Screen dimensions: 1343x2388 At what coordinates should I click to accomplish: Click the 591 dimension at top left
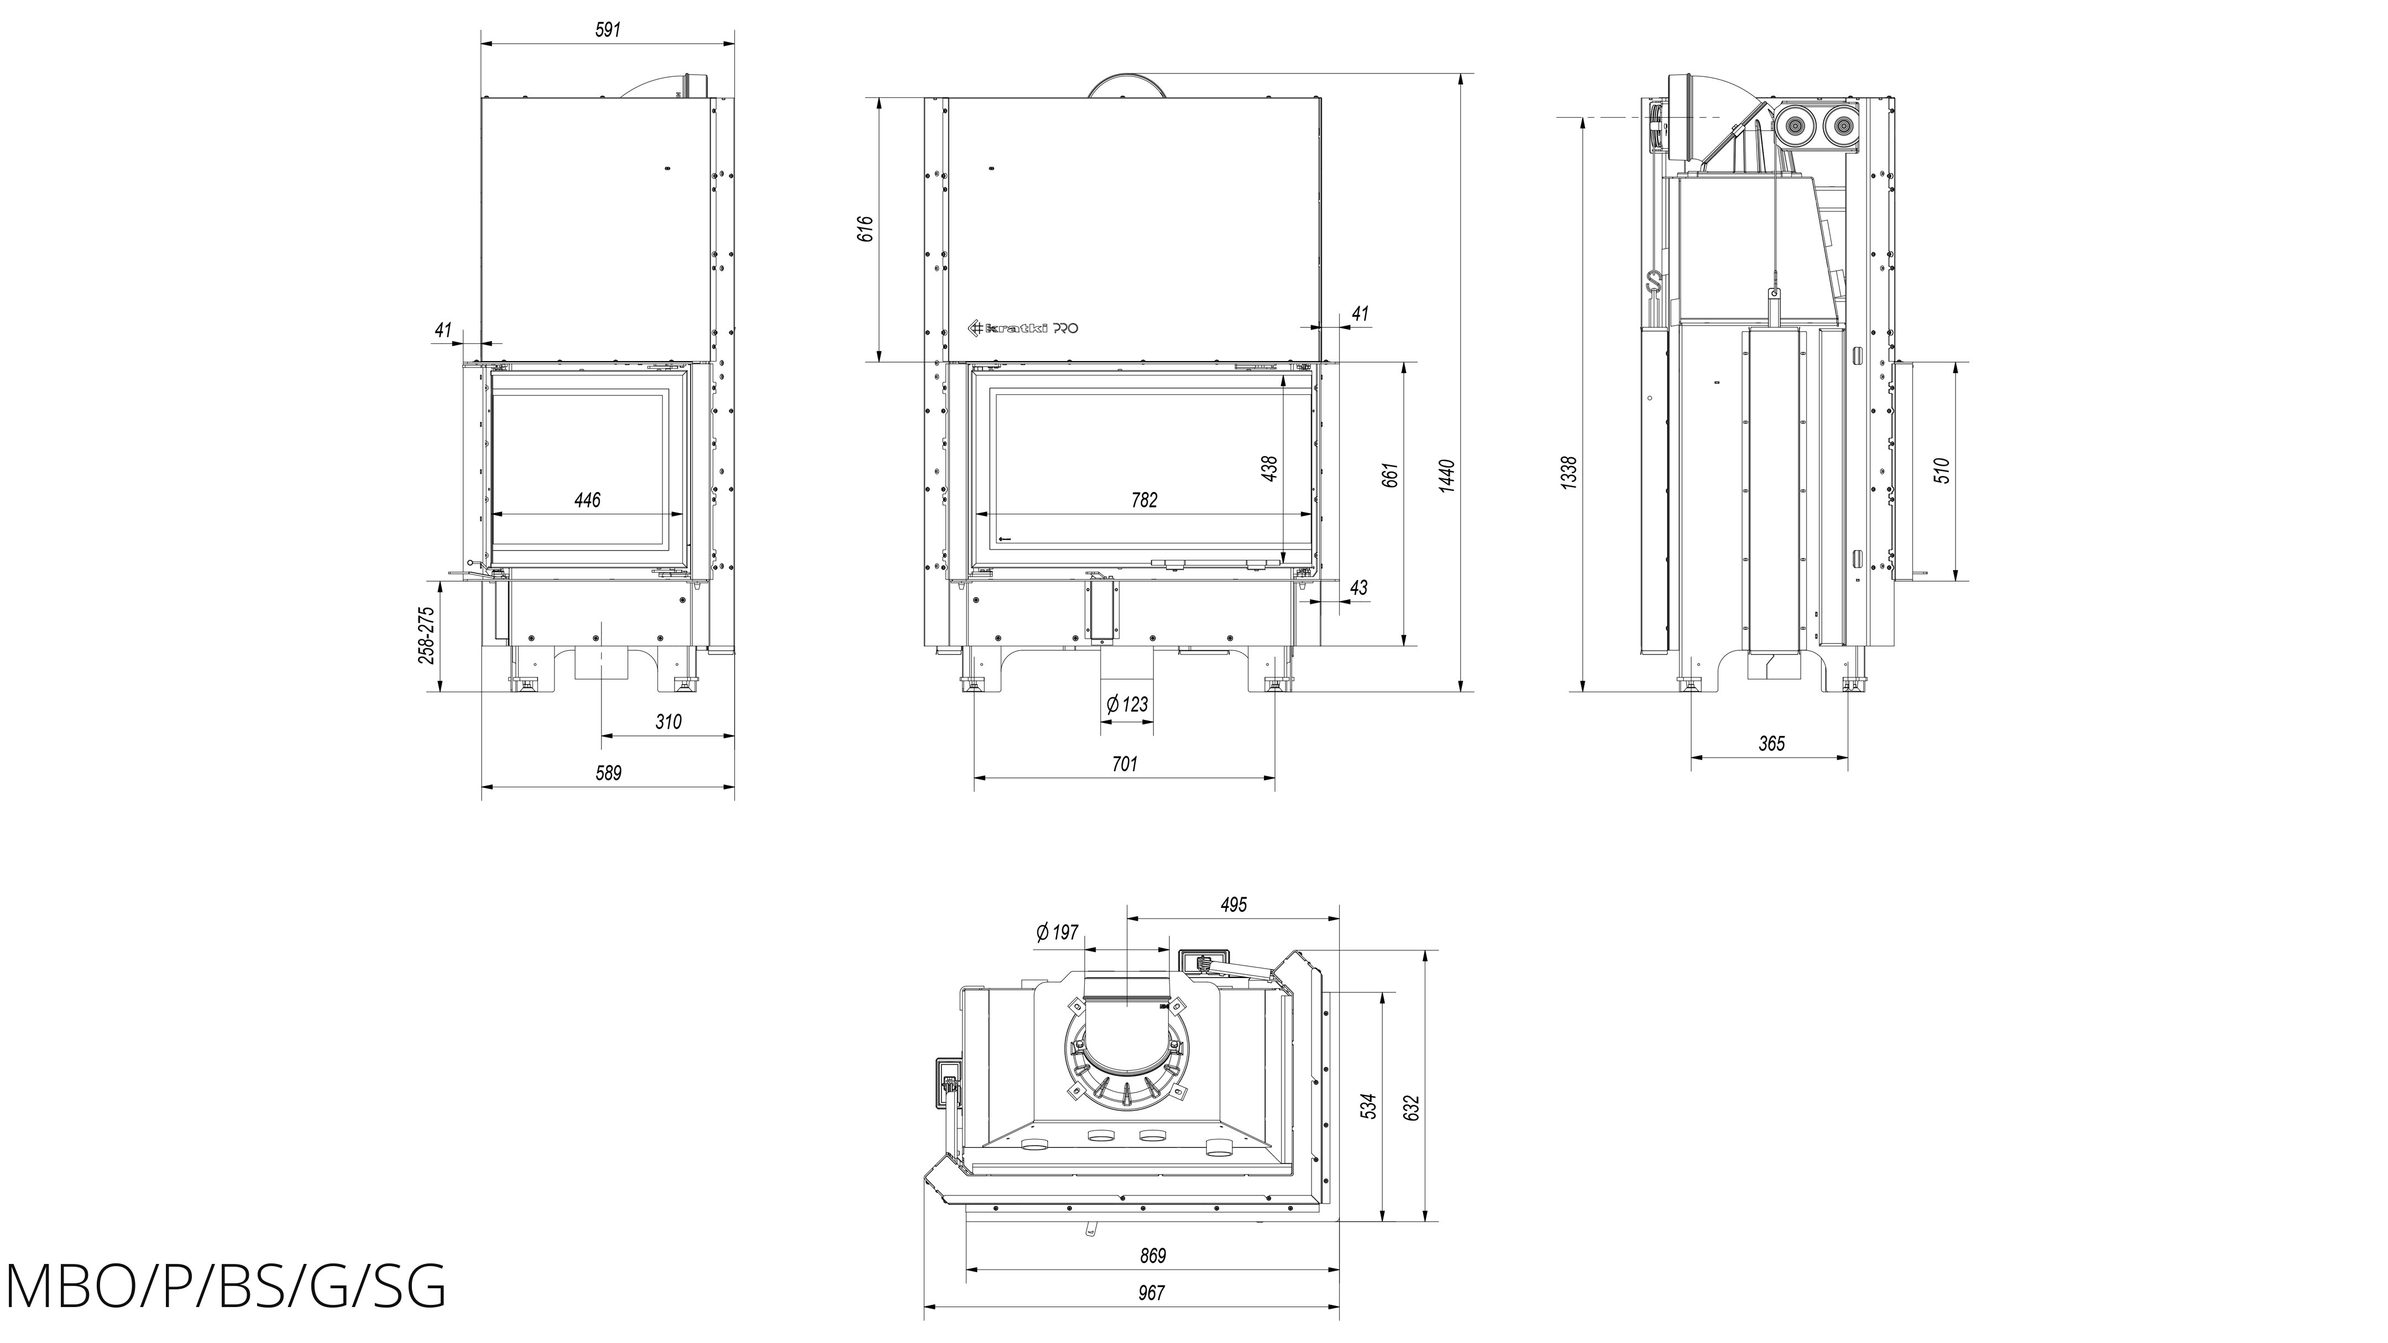(607, 30)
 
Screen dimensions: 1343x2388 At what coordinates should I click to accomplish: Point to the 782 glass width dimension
(1144, 500)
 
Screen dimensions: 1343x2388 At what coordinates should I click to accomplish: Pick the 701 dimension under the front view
(1124, 764)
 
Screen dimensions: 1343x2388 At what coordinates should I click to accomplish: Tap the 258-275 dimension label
(426, 636)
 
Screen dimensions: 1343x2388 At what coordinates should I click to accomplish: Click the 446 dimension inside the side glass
(587, 500)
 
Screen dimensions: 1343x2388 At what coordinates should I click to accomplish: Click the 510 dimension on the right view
(1943, 471)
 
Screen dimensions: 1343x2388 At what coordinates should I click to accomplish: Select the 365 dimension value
(1770, 743)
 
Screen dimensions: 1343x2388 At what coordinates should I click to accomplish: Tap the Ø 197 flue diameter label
(1057, 932)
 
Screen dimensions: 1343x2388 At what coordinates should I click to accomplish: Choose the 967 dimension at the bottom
(1151, 1293)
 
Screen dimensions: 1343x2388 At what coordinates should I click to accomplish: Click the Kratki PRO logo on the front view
(1022, 327)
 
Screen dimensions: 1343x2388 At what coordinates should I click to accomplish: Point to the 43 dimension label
(1359, 588)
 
